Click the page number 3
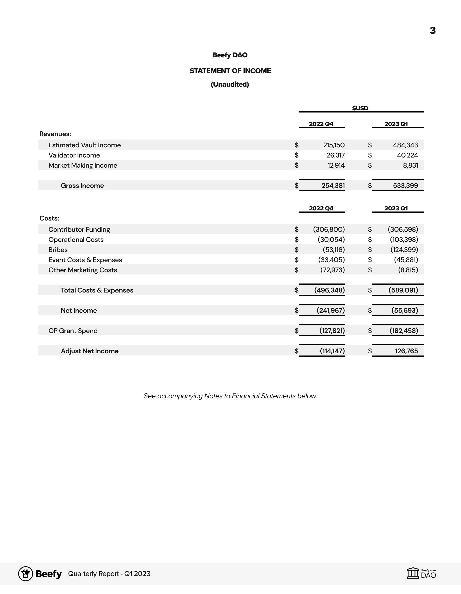pyautogui.click(x=432, y=30)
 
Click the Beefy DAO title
pyautogui.click(x=230, y=55)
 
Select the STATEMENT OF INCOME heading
pyautogui.click(x=230, y=71)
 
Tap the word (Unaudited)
pyautogui.click(x=230, y=84)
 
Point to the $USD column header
pyautogui.click(x=360, y=108)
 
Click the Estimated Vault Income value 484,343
pyautogui.click(x=405, y=145)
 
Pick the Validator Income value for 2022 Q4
pyautogui.click(x=335, y=155)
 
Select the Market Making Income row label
pyautogui.click(x=83, y=165)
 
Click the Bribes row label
pyautogui.click(x=58, y=250)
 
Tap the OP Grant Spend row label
pyautogui.click(x=73, y=331)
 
